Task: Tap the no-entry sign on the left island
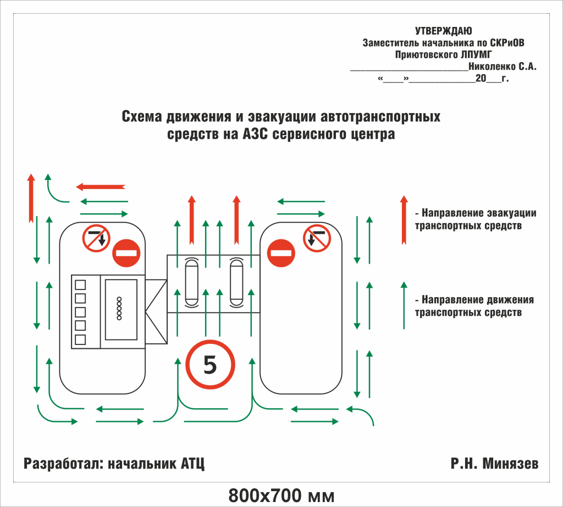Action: click(x=126, y=254)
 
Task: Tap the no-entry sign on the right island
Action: click(x=281, y=254)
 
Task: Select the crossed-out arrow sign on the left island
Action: click(x=96, y=238)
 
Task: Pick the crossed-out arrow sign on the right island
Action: click(x=317, y=238)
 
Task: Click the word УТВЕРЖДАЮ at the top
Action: click(x=443, y=31)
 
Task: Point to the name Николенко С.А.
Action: click(x=502, y=67)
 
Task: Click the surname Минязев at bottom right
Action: click(x=511, y=464)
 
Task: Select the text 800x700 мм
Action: click(x=281, y=495)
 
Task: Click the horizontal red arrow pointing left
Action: click(x=101, y=187)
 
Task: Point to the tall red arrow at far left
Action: click(x=31, y=198)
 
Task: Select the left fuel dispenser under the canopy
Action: click(x=191, y=283)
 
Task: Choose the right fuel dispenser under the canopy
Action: click(x=236, y=283)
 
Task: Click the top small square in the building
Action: click(x=80, y=285)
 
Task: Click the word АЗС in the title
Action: click(x=256, y=135)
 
